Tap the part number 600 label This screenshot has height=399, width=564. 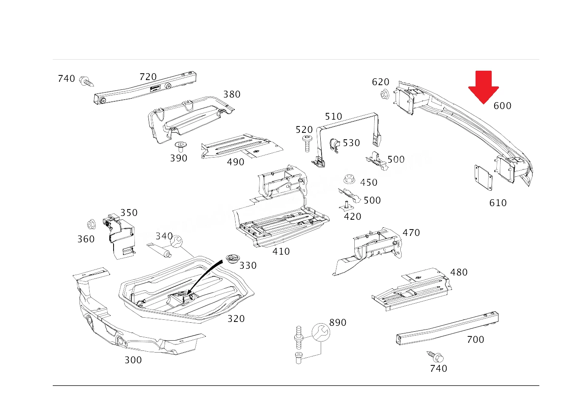(x=502, y=106)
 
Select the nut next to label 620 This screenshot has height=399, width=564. (x=385, y=94)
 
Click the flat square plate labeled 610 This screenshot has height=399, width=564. (x=483, y=178)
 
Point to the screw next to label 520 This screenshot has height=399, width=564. (x=307, y=144)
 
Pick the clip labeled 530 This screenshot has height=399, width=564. (x=334, y=146)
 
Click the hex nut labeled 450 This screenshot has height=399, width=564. (x=350, y=179)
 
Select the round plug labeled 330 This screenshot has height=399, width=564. (x=232, y=259)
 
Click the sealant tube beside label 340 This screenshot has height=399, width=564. (x=159, y=250)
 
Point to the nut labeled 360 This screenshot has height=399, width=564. (x=91, y=224)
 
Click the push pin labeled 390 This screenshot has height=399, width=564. (x=180, y=146)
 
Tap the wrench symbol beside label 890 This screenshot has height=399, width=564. (x=321, y=332)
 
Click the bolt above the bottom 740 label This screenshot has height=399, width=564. (x=436, y=356)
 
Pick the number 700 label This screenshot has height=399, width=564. (x=476, y=340)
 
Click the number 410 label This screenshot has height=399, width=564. (x=281, y=252)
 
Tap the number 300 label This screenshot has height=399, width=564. (x=133, y=360)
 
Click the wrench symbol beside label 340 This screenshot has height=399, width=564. (x=176, y=241)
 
